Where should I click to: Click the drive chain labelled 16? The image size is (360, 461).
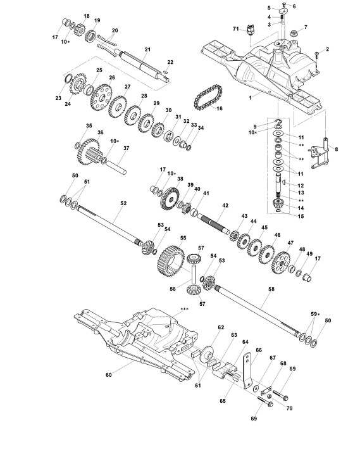(208, 97)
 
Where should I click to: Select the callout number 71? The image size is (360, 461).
(236, 28)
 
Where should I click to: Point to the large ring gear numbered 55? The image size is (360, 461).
(171, 261)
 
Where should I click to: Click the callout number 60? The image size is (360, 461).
(109, 375)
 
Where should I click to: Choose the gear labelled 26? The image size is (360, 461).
(102, 98)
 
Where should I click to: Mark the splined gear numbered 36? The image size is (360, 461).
(89, 152)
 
